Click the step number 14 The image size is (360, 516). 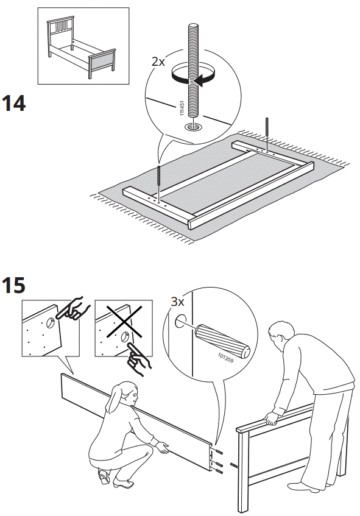tap(14, 103)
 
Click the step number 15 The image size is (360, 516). tap(14, 285)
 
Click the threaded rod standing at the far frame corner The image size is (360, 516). tap(267, 132)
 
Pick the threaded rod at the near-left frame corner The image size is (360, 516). tap(159, 180)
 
